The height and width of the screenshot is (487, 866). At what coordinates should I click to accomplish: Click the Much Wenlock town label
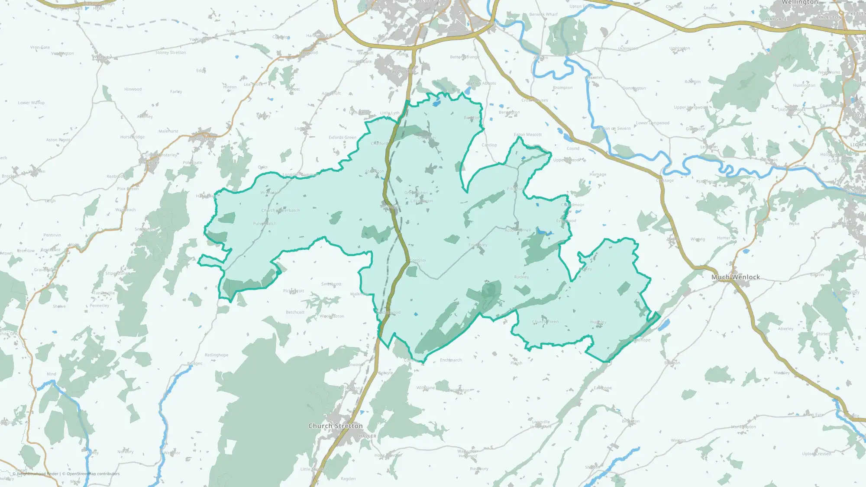tap(735, 277)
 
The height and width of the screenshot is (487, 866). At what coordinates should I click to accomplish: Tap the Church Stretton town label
tap(335, 426)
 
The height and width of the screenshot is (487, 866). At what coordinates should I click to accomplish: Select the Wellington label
tap(799, 3)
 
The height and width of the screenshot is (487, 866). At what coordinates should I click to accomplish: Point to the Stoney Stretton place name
tap(171, 52)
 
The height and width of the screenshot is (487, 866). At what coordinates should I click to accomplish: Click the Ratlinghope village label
tap(216, 355)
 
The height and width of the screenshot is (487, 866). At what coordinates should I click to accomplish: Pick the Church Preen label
tap(545, 322)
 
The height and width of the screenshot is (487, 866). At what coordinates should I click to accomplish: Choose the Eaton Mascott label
tap(527, 135)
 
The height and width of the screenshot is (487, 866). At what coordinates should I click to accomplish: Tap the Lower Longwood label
tap(652, 123)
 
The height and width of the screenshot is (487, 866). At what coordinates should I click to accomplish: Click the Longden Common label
tap(300, 175)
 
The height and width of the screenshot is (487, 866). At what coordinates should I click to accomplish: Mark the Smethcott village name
tap(331, 284)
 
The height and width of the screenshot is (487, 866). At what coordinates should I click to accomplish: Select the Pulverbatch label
tap(265, 224)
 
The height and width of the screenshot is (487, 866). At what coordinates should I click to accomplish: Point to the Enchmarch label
tap(451, 360)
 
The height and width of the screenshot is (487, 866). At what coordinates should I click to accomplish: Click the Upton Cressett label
tap(817, 454)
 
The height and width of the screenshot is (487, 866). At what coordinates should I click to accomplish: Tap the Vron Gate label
tap(40, 47)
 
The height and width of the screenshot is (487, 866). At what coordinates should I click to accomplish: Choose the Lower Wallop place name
tap(31, 103)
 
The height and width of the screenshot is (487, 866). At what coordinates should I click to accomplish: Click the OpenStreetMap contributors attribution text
tap(93, 474)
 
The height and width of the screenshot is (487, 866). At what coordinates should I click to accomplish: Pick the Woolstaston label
tap(332, 316)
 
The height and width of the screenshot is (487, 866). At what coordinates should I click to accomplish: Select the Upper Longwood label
tap(691, 107)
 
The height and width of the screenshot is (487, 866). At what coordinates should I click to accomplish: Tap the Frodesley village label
tap(478, 245)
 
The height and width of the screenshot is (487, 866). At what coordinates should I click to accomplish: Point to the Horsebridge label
tap(132, 137)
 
